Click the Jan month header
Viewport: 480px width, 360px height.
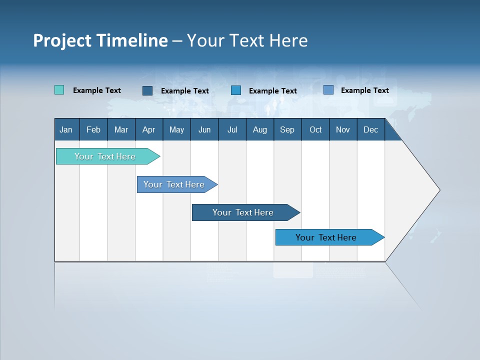(66, 130)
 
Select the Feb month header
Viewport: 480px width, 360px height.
(93, 130)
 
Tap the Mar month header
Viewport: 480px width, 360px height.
(121, 130)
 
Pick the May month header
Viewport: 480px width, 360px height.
(176, 130)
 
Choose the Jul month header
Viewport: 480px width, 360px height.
(232, 130)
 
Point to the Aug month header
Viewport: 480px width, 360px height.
(260, 130)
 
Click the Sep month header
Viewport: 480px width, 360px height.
(287, 130)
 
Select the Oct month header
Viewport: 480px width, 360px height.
(315, 130)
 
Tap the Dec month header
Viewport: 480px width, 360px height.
(371, 130)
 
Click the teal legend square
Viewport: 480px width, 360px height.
(59, 90)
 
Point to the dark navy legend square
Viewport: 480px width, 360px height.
(147, 90)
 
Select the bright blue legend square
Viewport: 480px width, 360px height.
(236, 90)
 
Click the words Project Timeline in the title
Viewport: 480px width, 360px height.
(100, 40)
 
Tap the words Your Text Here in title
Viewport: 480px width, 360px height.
(247, 40)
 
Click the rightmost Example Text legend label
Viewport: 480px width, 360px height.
(364, 90)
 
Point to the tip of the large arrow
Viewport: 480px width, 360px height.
(438, 190)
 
